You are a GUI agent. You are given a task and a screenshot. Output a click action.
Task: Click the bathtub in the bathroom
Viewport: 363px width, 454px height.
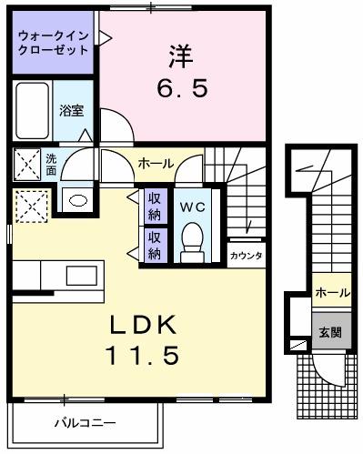32,113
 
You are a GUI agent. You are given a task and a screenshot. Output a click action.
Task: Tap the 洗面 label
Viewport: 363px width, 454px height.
51,165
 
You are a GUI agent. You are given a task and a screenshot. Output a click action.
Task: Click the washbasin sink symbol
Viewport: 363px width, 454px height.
76,200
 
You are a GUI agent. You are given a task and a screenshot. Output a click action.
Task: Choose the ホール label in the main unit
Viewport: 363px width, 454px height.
156,163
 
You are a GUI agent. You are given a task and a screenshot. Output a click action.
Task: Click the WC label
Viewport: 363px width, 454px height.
191,207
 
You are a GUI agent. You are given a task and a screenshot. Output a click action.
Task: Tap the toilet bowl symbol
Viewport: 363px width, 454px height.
191,240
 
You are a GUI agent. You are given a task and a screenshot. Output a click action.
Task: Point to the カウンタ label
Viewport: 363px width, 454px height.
247,256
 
